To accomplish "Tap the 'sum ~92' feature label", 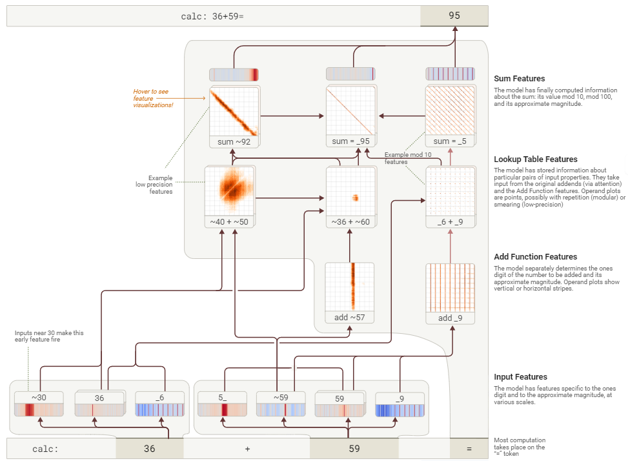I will click(x=234, y=141).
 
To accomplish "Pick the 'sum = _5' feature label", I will click(x=450, y=141).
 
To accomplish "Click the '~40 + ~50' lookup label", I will click(x=229, y=222).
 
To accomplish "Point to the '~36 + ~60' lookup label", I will click(x=350, y=222).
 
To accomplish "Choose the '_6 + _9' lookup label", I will click(x=450, y=222).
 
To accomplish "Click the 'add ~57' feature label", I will click(x=349, y=317).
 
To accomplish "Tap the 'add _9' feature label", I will click(x=450, y=318).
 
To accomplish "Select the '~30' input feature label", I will click(x=39, y=398).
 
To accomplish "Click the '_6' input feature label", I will click(x=159, y=398).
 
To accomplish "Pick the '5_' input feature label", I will click(x=222, y=398).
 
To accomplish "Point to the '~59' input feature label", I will click(x=280, y=398).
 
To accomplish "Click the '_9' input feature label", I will click(x=399, y=398).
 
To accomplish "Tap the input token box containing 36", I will click(x=149, y=449).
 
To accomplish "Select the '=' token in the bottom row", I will click(x=469, y=449).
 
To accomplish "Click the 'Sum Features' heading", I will click(x=519, y=79).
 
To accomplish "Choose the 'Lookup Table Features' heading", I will click(x=535, y=159).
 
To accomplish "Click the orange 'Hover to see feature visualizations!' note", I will click(x=154, y=98).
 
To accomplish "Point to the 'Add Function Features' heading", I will click(x=535, y=256).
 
